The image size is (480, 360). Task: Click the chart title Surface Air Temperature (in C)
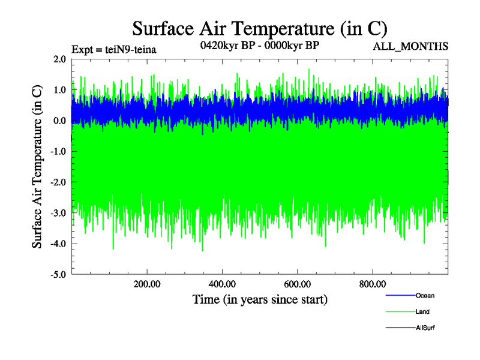click(260, 28)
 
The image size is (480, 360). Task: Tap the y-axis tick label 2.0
click(59, 59)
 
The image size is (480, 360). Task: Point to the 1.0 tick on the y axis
click(59, 90)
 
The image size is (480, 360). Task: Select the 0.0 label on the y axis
click(59, 121)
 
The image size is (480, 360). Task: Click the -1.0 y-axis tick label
click(58, 152)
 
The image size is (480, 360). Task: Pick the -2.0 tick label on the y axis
click(58, 182)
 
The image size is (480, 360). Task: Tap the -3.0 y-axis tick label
click(58, 213)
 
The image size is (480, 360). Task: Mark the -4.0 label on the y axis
click(58, 244)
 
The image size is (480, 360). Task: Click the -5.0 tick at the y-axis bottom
click(58, 274)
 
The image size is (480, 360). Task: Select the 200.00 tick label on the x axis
click(147, 284)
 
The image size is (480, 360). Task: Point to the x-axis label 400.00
click(222, 284)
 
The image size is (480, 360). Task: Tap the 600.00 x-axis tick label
click(297, 284)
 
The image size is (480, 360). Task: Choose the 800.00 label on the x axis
click(372, 284)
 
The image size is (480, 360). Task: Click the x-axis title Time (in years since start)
click(260, 299)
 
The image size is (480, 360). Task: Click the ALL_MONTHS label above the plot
click(411, 47)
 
